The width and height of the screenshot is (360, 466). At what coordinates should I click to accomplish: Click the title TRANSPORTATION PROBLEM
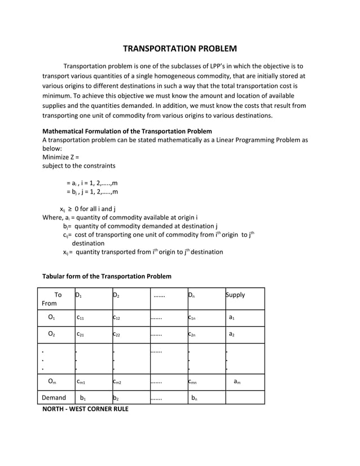click(x=180, y=49)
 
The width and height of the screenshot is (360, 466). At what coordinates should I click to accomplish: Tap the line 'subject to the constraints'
click(x=79, y=166)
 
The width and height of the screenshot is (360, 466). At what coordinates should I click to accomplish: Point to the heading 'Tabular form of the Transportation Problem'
click(x=107, y=276)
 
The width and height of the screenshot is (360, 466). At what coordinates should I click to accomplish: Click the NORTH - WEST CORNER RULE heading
click(x=86, y=408)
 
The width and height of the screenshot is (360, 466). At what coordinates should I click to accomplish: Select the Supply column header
click(x=235, y=295)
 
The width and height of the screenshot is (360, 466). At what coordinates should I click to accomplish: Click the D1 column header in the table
click(x=78, y=295)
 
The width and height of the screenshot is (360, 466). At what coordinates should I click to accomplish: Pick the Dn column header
click(x=192, y=295)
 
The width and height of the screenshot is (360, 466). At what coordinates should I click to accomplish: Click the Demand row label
click(x=54, y=398)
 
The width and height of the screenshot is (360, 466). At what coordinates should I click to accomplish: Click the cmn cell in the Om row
click(x=194, y=382)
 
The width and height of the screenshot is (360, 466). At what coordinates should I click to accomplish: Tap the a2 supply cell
click(x=232, y=335)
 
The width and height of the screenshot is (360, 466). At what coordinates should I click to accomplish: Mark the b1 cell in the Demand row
click(x=83, y=398)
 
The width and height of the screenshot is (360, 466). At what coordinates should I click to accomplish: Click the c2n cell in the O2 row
click(x=192, y=335)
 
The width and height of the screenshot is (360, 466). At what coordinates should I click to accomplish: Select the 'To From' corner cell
click(x=55, y=298)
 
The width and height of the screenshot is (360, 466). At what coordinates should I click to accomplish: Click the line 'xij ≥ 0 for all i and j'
click(x=87, y=209)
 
